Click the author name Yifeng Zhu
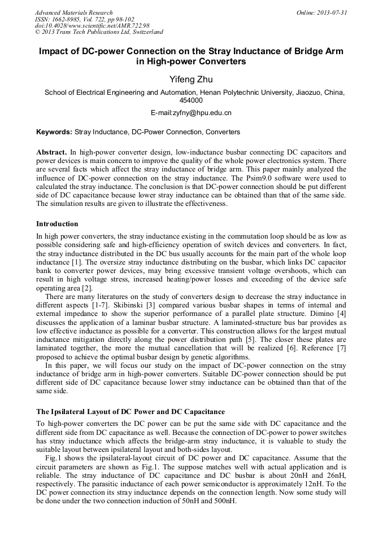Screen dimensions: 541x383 point(191,78)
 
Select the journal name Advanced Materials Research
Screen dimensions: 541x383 point(73,12)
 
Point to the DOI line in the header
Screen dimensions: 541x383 point(92,25)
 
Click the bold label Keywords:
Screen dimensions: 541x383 point(54,132)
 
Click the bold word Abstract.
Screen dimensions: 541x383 point(51,153)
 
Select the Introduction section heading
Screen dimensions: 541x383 point(57,224)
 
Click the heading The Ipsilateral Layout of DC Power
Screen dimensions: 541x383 point(130,411)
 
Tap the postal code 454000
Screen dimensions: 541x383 point(191,100)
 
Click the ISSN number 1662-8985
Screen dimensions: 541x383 point(65,19)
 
